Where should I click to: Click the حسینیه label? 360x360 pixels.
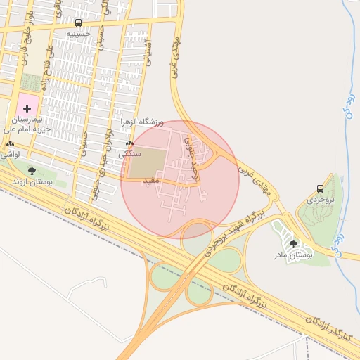click(79, 33)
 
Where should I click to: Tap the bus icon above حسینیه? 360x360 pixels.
click(78, 22)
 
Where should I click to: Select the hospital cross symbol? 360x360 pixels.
click(28, 109)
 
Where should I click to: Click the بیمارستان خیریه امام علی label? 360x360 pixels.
click(32, 125)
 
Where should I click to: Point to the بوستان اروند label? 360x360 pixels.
click(32, 182)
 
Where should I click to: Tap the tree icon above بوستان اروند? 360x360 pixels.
click(31, 170)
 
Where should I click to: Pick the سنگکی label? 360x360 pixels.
click(130, 153)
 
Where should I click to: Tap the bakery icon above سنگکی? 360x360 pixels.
click(129, 143)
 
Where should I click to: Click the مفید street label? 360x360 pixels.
click(153, 181)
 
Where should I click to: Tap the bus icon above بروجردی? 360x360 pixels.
click(321, 188)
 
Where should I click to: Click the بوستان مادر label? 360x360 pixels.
click(292, 255)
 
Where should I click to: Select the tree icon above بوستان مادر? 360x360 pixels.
click(293, 243)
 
